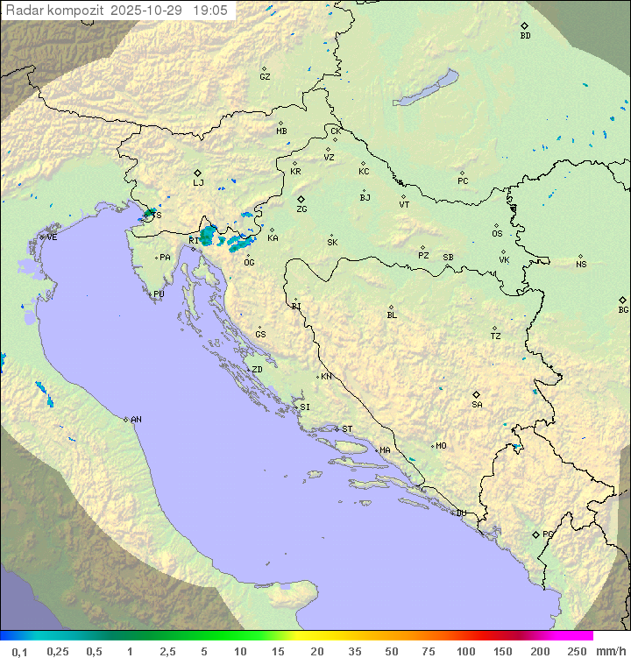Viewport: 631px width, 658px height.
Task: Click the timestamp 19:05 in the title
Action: click(210, 11)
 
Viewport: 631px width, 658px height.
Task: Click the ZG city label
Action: click(301, 209)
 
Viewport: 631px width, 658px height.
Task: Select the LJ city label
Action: click(198, 183)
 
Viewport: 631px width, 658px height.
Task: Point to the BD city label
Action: click(525, 36)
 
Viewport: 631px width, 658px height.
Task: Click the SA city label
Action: click(477, 405)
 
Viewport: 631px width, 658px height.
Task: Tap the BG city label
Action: click(623, 309)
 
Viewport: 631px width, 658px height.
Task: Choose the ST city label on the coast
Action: click(347, 429)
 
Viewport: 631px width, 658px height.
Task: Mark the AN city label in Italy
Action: click(136, 420)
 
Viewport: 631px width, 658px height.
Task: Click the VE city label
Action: click(52, 237)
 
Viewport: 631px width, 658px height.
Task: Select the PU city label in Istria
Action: click(159, 294)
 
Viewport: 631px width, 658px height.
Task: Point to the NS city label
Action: click(581, 265)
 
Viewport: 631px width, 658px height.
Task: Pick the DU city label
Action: click(460, 513)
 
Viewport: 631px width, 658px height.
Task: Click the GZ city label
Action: click(265, 77)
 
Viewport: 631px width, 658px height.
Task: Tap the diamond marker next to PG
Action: click(535, 534)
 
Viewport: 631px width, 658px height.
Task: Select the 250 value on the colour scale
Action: click(577, 651)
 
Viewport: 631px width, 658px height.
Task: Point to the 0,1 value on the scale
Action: click(20, 651)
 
